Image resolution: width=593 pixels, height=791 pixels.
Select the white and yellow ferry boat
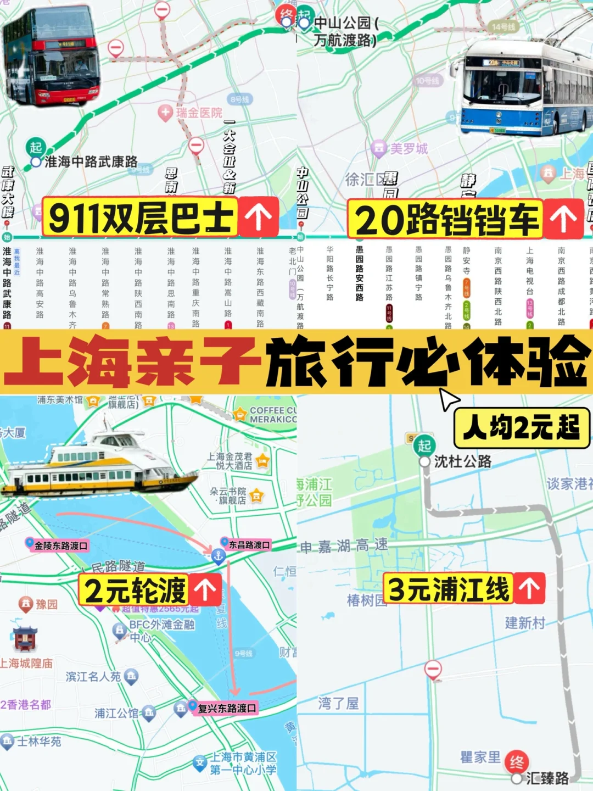(x=99, y=467)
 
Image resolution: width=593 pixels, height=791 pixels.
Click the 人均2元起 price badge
(x=521, y=427)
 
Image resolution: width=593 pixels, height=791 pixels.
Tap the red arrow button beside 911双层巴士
(x=258, y=216)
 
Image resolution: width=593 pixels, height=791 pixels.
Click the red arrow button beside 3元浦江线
(x=529, y=588)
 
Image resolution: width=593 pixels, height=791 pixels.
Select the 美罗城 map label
(x=407, y=148)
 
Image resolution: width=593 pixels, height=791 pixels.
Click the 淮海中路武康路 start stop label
(x=90, y=161)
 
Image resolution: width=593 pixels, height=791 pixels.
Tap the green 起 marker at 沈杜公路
(x=424, y=445)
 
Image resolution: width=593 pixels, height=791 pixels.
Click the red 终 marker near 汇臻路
(x=516, y=762)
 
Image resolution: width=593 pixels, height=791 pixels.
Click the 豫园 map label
(x=46, y=605)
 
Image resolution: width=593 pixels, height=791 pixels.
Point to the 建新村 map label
(x=525, y=623)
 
